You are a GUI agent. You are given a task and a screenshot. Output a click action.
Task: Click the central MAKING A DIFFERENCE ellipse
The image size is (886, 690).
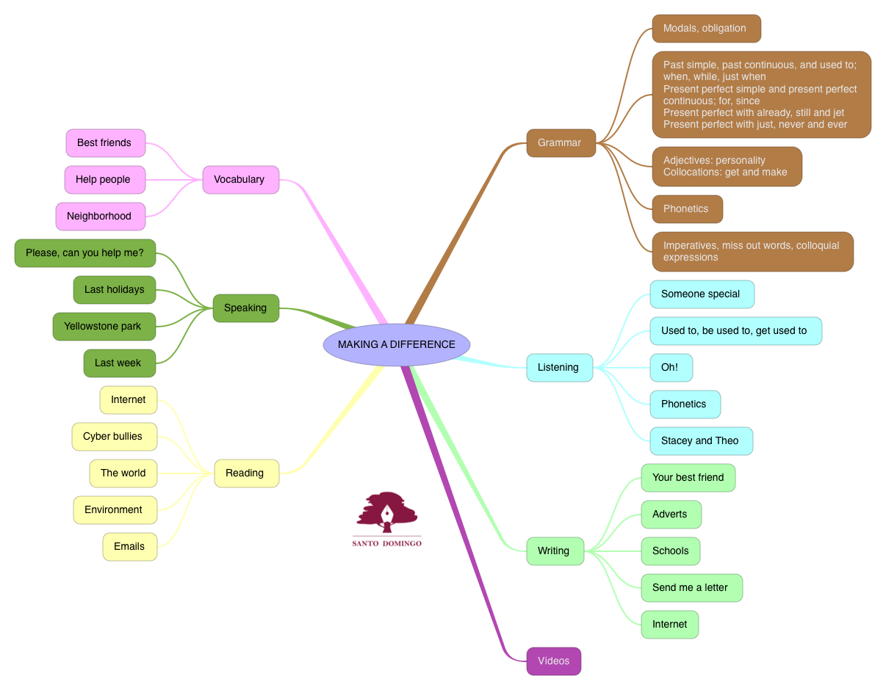coord(397,344)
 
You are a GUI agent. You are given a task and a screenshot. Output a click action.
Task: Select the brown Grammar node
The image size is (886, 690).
coord(561,142)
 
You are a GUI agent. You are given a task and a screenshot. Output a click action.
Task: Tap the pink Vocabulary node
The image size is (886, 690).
coord(240,179)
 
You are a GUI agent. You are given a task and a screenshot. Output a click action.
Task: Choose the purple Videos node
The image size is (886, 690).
coord(553,661)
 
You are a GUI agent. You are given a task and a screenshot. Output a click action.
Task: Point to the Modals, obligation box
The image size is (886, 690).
coord(706,29)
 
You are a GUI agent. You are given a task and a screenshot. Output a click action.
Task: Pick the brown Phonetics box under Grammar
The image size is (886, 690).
coord(687,208)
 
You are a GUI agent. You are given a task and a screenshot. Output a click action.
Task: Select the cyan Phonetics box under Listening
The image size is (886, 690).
coord(685,404)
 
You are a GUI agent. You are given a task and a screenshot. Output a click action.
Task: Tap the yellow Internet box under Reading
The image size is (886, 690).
coord(129,399)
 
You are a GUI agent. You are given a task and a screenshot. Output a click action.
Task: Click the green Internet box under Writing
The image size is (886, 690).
coord(669,624)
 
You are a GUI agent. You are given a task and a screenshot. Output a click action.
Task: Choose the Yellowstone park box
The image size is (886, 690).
coord(104,326)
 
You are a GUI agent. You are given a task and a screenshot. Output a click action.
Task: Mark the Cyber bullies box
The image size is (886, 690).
coord(114,436)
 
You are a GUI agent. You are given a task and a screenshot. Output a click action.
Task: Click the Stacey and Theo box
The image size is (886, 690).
coord(701,440)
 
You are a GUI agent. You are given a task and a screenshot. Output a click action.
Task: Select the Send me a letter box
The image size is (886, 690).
coord(691,587)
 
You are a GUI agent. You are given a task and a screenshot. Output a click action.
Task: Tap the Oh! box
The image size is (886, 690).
coord(671,367)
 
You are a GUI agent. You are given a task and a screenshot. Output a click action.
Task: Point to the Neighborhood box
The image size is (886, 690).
coord(100,216)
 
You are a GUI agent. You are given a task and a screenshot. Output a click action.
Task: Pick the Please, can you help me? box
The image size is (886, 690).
coord(85,253)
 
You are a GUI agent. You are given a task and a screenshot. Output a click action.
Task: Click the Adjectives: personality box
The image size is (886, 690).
coord(727,166)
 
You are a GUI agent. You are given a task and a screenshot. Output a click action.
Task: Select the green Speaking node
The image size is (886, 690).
coord(245,308)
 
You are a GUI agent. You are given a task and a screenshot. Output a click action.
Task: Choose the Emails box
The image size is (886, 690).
coord(130,546)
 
